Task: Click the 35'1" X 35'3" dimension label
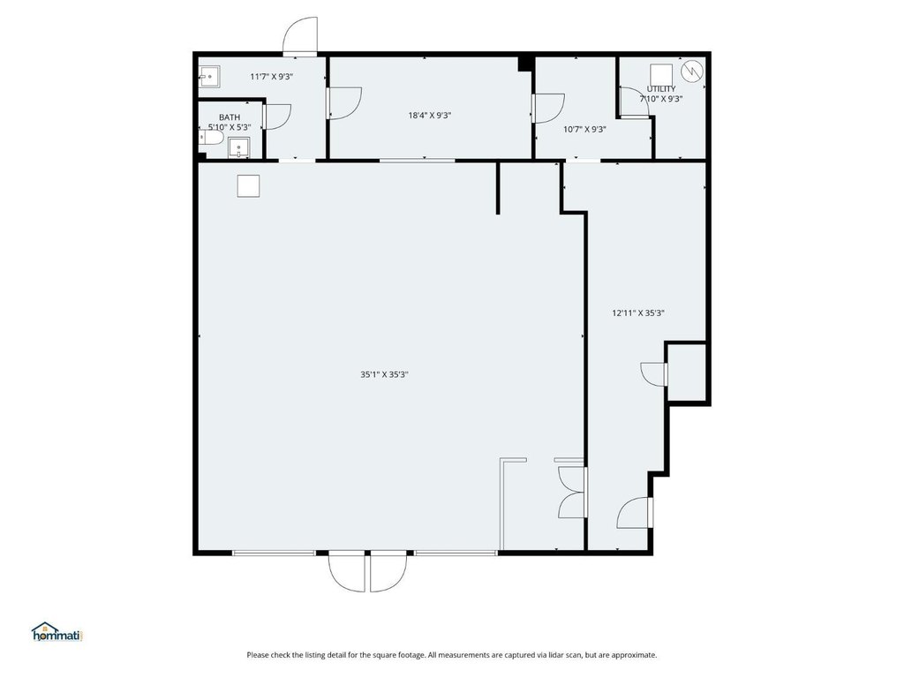point(384,374)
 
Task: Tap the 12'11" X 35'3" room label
point(638,313)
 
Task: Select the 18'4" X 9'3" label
point(430,116)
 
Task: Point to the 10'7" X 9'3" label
point(584,130)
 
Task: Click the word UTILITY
point(661,89)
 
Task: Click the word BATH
point(230,117)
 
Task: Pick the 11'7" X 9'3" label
point(272,76)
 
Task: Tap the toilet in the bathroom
point(211,138)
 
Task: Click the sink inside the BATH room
point(238,147)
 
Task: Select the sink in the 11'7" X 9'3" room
point(209,77)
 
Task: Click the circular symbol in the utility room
point(692,71)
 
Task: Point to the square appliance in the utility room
point(661,74)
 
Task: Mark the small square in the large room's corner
point(248,186)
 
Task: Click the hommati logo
point(57,632)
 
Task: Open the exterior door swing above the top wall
point(300,35)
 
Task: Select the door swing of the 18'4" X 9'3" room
point(344,104)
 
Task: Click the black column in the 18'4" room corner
point(524,64)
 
